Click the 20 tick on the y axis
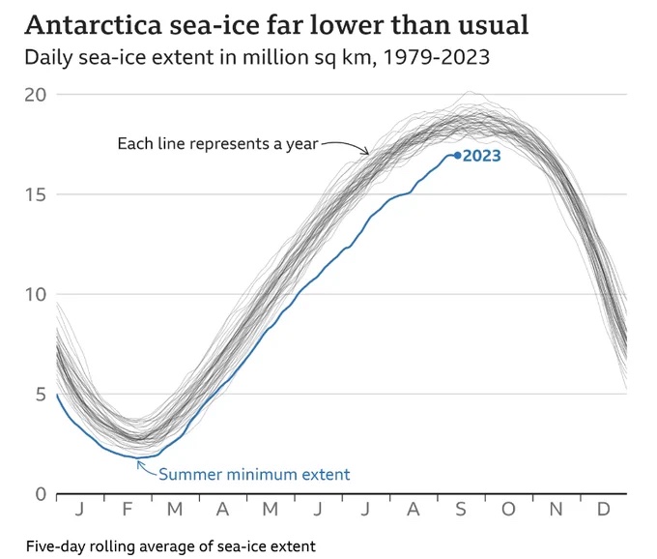pyautogui.click(x=38, y=94)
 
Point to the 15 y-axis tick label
pyautogui.click(x=38, y=193)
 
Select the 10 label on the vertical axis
pyautogui.click(x=38, y=294)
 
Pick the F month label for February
pyautogui.click(x=129, y=508)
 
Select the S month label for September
pyautogui.click(x=461, y=508)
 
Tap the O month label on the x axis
pyautogui.click(x=508, y=508)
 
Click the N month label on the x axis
pyautogui.click(x=557, y=508)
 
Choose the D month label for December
pyautogui.click(x=604, y=508)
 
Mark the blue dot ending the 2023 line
pyautogui.click(x=457, y=155)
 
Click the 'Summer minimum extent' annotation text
pyautogui.click(x=254, y=474)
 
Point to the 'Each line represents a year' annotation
pyautogui.click(x=216, y=144)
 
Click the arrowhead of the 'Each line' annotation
pyautogui.click(x=366, y=151)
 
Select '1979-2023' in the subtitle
pyautogui.click(x=445, y=57)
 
